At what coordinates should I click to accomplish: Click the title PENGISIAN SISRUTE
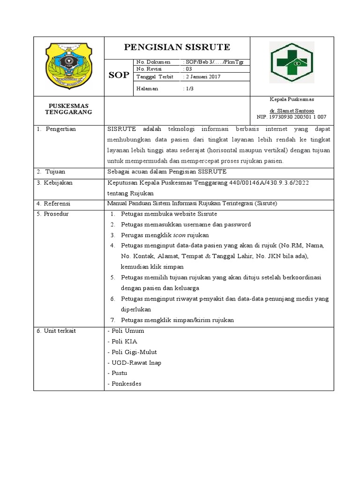point(177,47)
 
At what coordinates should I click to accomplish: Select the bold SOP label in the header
point(119,75)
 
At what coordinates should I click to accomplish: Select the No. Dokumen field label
point(150,62)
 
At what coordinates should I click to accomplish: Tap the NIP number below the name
point(291,117)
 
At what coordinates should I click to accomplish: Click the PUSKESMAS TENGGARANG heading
point(68,109)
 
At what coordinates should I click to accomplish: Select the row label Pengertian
point(60,129)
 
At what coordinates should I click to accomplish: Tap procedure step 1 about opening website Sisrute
point(168,214)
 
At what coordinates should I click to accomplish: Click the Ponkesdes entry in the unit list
point(124,384)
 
